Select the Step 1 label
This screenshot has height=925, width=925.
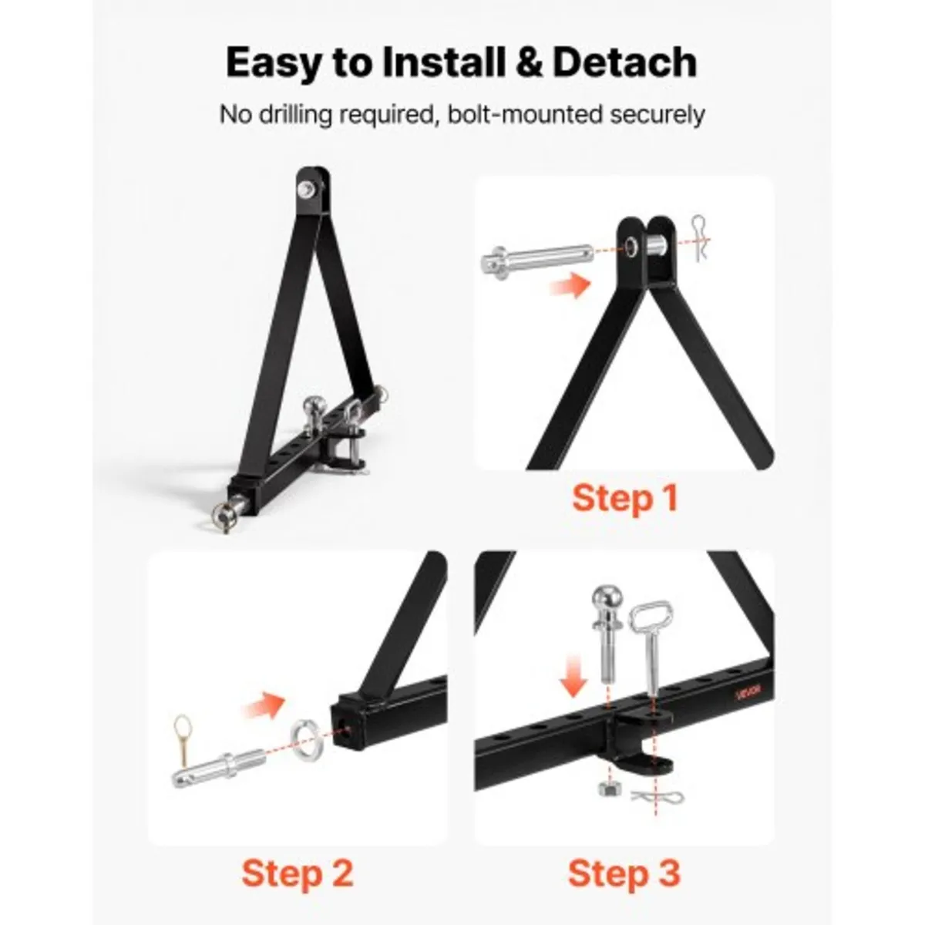(624, 498)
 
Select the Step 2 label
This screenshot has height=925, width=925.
(297, 873)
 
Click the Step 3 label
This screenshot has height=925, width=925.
(624, 873)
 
